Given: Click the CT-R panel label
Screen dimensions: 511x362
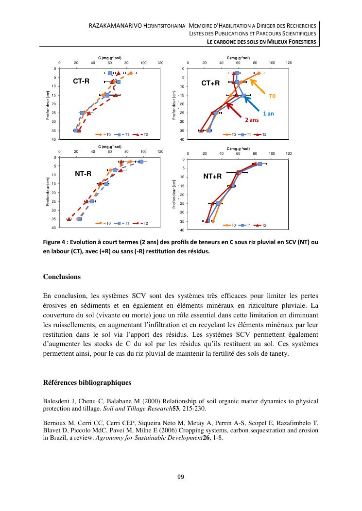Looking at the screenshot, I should pos(81,81).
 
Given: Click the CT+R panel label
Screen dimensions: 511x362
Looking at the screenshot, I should pos(211,83).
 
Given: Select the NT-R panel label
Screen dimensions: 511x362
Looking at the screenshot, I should pos(83,173).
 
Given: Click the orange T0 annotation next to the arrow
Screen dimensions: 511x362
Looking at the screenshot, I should pos(272,96).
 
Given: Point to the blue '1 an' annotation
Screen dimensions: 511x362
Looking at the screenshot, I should pos(268,113).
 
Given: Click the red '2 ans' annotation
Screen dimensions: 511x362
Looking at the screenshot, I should pos(251,119).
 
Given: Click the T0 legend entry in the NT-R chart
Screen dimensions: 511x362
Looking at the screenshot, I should pos(105,223).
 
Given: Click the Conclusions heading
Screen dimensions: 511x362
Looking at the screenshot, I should pos(62,277).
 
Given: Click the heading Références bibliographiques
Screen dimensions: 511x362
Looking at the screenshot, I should pos(87,383).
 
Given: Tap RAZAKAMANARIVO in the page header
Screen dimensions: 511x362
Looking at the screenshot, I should pos(112,25).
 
